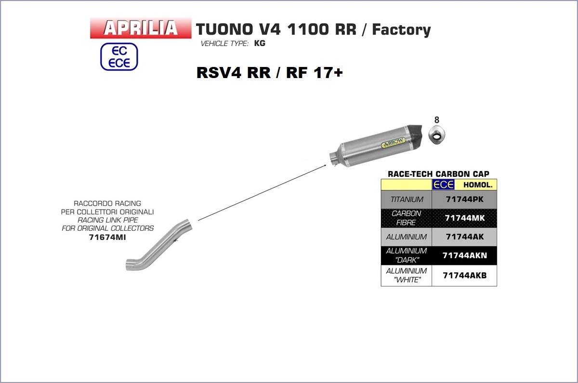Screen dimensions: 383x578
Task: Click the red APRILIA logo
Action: (x=141, y=28)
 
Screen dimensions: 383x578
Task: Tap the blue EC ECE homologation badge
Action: (x=119, y=57)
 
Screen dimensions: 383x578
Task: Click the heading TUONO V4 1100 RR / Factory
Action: (x=313, y=30)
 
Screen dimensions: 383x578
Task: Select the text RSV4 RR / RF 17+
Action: (x=269, y=73)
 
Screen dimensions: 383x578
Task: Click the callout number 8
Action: (x=437, y=120)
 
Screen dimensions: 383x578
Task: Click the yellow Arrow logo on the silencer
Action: (x=392, y=144)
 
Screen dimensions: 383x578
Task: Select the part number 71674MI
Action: (x=107, y=237)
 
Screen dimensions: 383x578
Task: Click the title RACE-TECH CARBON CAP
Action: (x=438, y=174)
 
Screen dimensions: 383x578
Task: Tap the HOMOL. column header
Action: (x=477, y=185)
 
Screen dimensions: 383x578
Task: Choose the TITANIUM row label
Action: (x=407, y=199)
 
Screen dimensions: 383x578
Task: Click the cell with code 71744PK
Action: (x=464, y=199)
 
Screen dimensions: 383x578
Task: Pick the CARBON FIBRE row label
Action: (x=407, y=218)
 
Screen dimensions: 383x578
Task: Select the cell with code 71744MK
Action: (x=464, y=218)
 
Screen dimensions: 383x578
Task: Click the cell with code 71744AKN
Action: (x=464, y=255)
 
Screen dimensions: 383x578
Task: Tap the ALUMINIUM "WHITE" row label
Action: (x=407, y=276)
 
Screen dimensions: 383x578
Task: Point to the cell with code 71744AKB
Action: (x=464, y=276)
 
